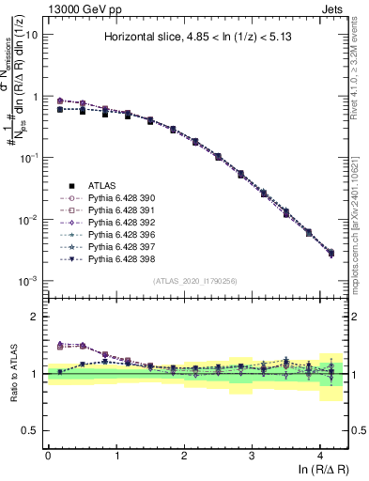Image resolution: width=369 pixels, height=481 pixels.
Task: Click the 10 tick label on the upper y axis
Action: pyautogui.click(x=31, y=35)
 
